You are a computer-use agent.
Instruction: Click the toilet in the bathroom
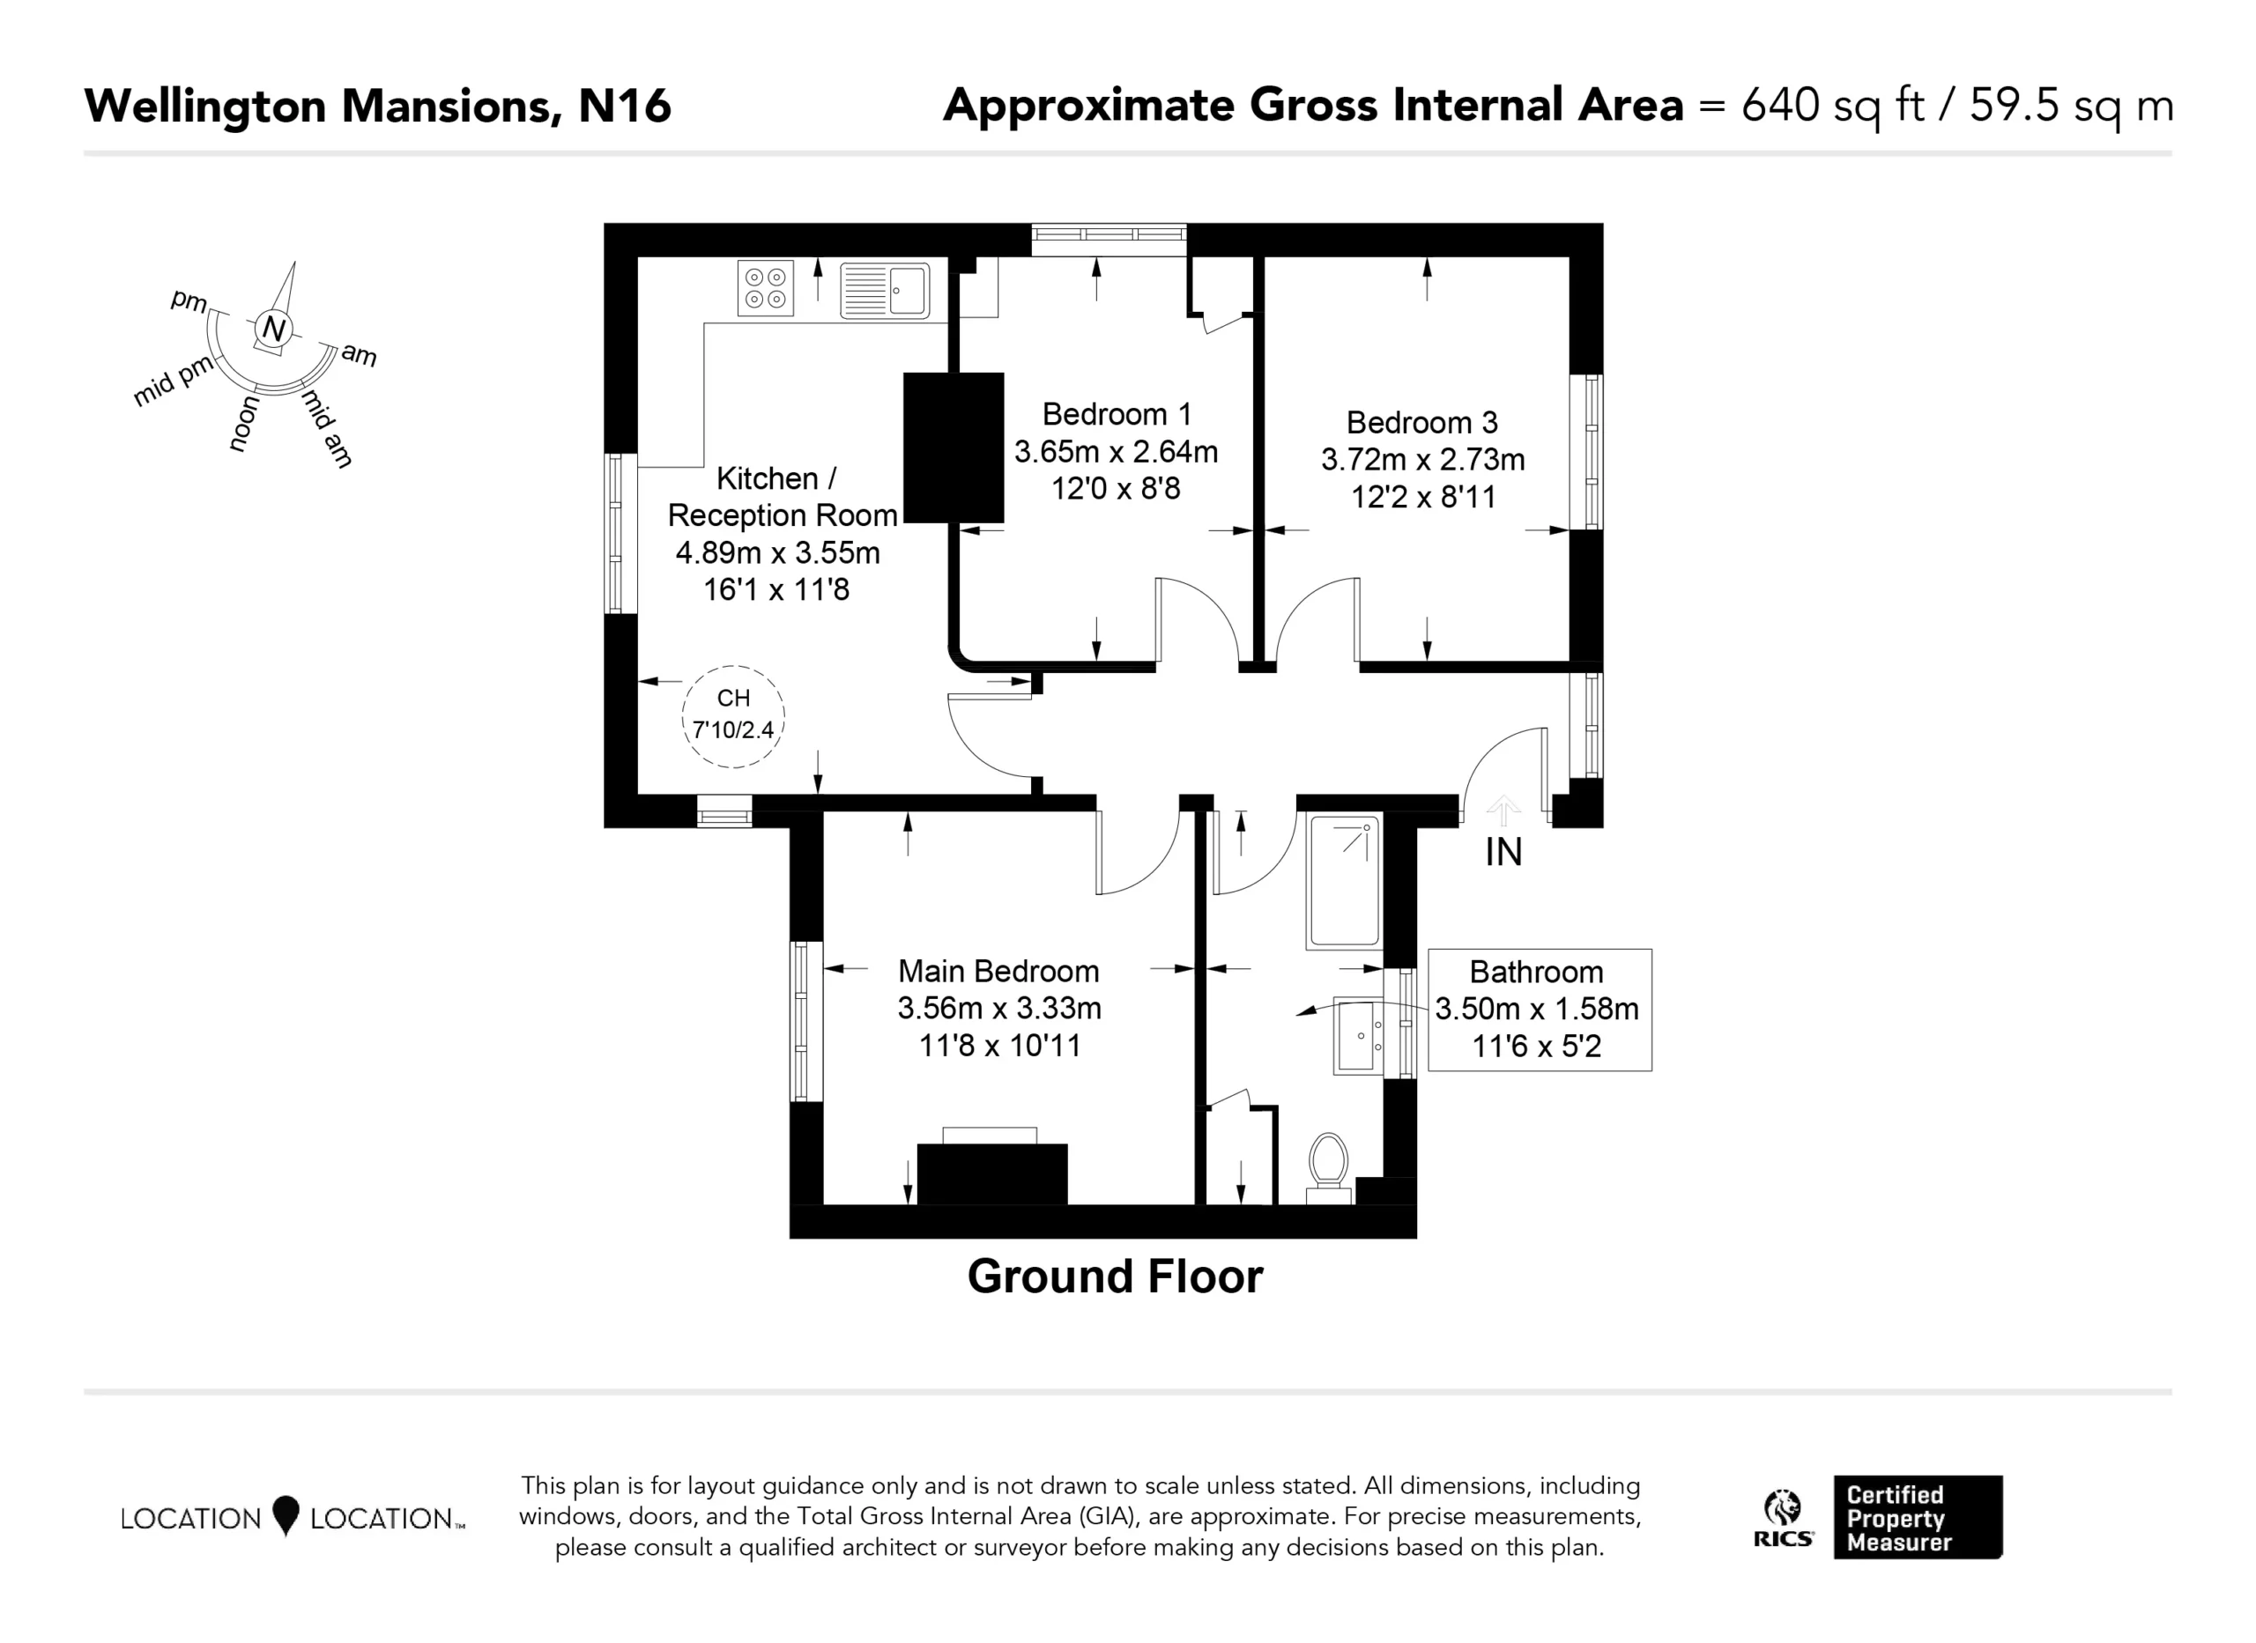[1328, 1167]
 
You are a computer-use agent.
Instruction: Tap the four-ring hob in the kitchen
[765, 288]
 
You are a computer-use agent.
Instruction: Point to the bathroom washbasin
[1359, 1035]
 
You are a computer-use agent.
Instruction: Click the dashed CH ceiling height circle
[733, 716]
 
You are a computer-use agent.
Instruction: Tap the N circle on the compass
[273, 329]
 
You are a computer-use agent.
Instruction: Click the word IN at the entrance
[1503, 852]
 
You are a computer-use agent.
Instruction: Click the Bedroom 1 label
[1116, 414]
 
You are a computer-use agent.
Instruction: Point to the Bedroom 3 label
[1421, 423]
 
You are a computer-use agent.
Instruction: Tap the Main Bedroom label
[998, 971]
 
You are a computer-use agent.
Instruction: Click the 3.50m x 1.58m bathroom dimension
[1537, 1009]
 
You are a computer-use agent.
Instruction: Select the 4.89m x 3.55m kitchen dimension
[778, 552]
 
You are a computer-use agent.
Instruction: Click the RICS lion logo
[1784, 1518]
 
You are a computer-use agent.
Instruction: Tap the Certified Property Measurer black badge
[1918, 1517]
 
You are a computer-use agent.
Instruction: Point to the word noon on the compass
[244, 424]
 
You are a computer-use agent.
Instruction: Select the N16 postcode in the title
[625, 106]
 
